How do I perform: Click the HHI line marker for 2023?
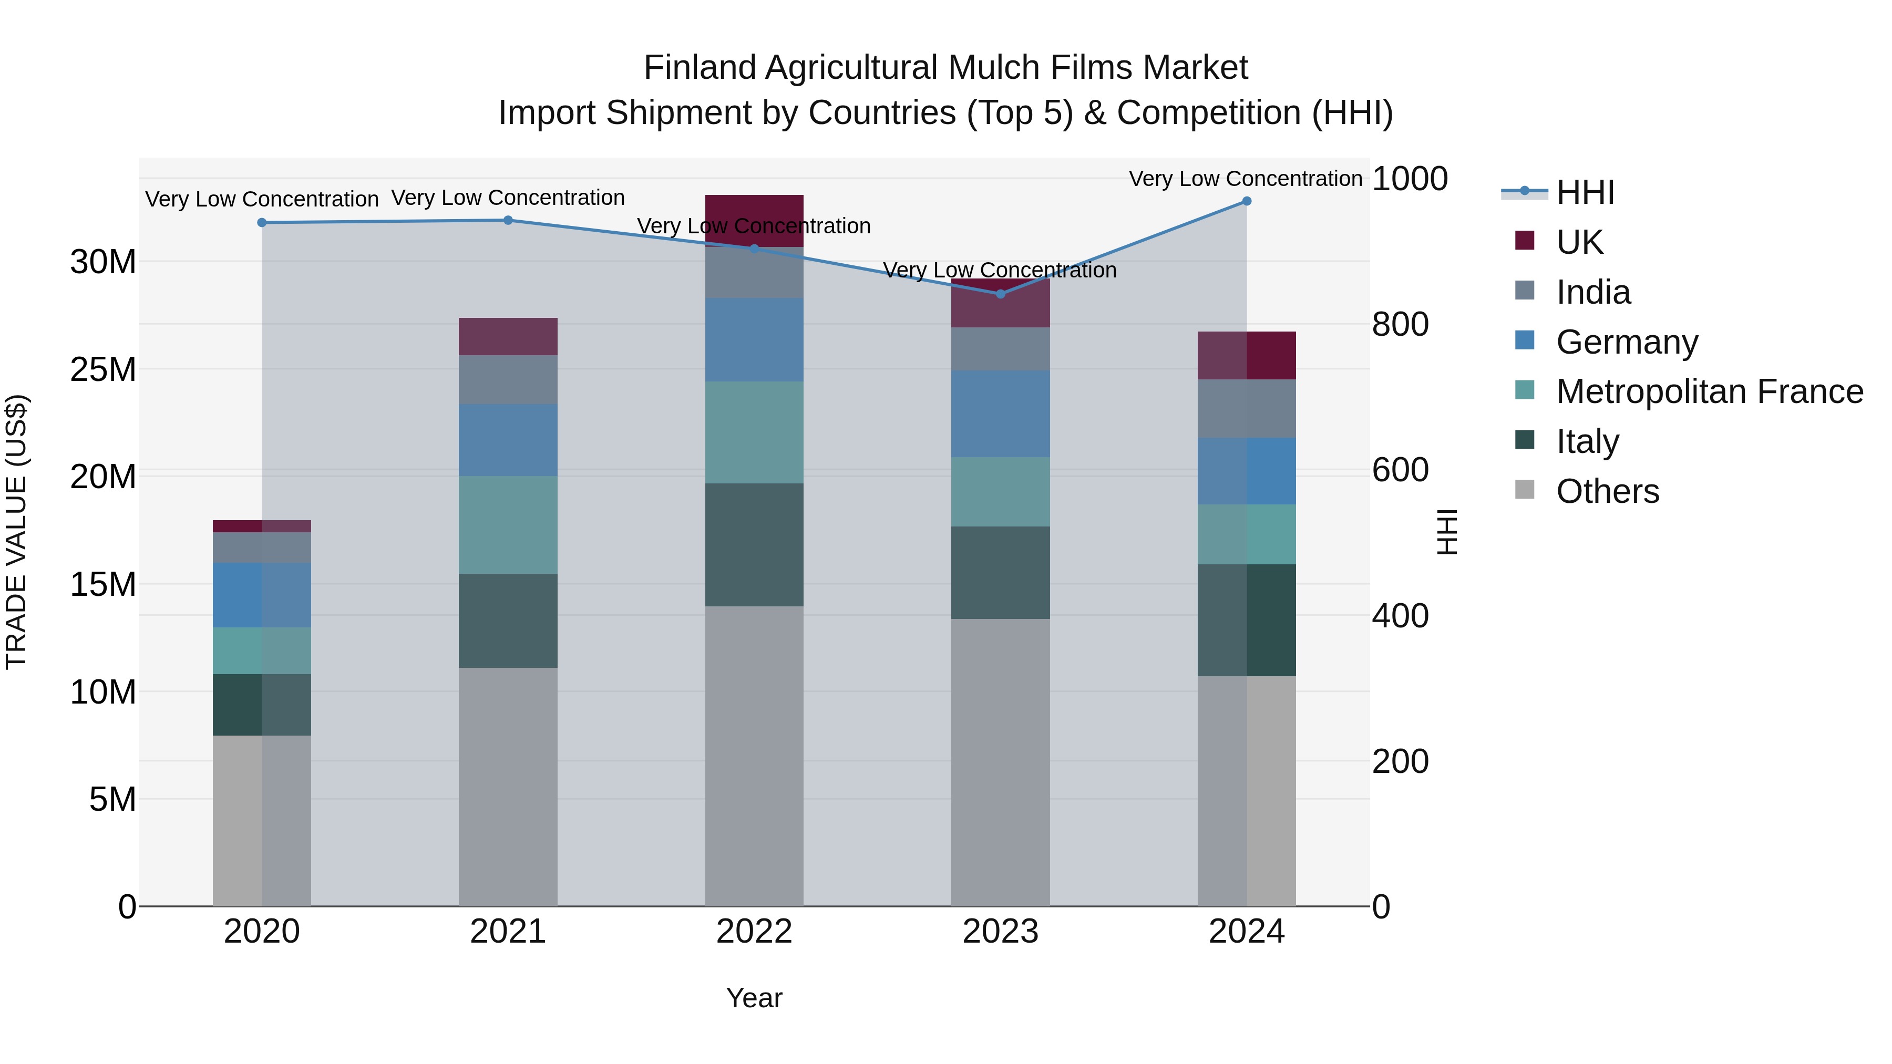coord(1000,294)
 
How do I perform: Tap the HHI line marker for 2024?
coord(1247,201)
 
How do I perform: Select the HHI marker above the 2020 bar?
coord(262,222)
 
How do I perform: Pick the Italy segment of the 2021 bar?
coord(508,621)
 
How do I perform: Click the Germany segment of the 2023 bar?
coord(1000,414)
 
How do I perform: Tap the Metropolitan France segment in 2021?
coord(508,524)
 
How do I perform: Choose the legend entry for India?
coord(1592,292)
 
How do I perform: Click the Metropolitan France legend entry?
coord(1709,391)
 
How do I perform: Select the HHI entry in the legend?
coord(1585,192)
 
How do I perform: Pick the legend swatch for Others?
coord(1525,490)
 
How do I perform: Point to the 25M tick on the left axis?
coord(103,369)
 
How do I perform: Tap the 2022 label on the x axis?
coord(754,932)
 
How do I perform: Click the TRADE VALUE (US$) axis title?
coord(16,532)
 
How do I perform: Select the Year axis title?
coord(754,998)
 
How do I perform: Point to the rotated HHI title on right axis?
coord(1446,532)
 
